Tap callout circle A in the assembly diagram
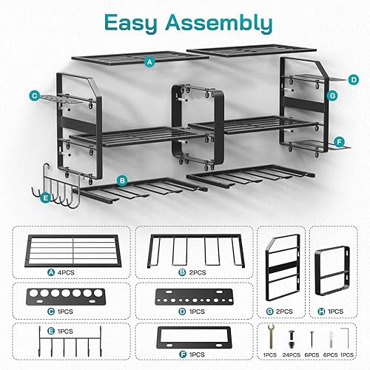click(150, 63)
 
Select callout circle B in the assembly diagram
click(122, 180)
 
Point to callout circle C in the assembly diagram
click(35, 95)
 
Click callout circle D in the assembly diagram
click(354, 78)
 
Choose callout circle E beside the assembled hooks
click(46, 198)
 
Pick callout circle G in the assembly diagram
click(333, 95)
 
